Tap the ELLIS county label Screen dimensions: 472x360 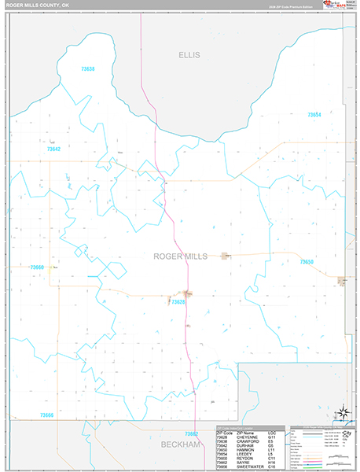189,55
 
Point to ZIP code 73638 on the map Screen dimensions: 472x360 88,69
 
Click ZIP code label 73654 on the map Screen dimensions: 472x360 314,115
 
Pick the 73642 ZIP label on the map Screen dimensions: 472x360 53,149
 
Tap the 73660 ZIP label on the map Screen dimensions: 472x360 37,267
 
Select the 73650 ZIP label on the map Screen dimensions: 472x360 307,262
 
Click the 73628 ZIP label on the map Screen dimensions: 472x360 178,302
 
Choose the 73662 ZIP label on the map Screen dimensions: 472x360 192,433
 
